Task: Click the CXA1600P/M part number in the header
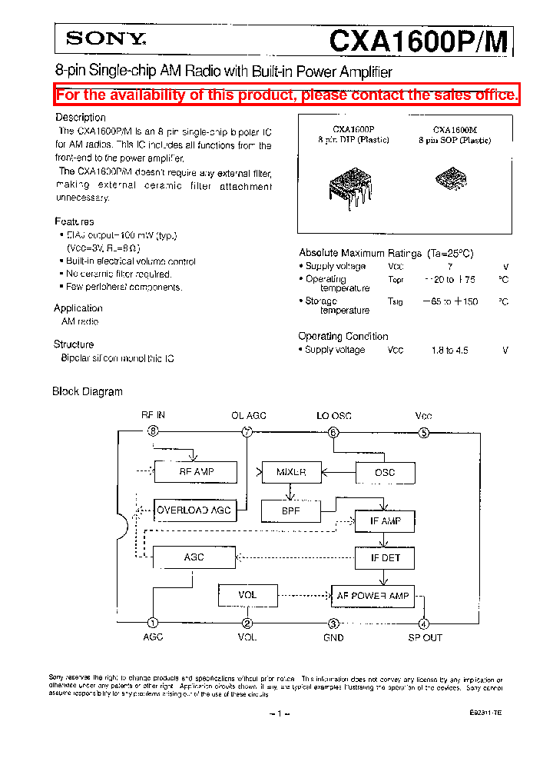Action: [x=418, y=40]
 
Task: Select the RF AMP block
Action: [x=196, y=471]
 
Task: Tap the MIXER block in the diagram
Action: [x=291, y=471]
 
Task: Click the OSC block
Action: [x=384, y=472]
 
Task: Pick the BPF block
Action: [x=291, y=509]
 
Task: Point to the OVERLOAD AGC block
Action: [x=194, y=510]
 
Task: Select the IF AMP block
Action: [x=385, y=521]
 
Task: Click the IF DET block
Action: [x=385, y=557]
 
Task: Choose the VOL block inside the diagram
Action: [x=247, y=594]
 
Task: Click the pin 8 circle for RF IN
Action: [x=154, y=431]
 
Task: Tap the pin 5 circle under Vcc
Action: [x=423, y=432]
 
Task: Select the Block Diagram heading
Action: [x=88, y=391]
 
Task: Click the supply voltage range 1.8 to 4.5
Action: [x=449, y=350]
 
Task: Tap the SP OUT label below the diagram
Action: [x=425, y=637]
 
